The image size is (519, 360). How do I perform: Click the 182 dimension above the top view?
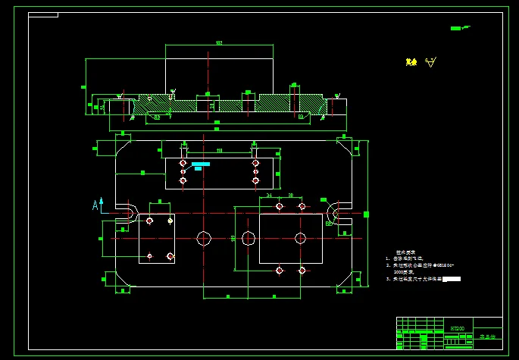coord(219,43)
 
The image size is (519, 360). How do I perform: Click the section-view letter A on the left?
coord(95,205)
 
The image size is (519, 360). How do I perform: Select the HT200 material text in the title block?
coord(457,328)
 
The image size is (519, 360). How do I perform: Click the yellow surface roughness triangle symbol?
coord(431,62)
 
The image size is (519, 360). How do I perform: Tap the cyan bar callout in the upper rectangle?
coord(201,164)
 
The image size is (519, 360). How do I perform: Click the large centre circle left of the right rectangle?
coord(249,238)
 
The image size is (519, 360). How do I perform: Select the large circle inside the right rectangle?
coord(300,238)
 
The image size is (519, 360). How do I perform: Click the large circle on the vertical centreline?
coord(203,238)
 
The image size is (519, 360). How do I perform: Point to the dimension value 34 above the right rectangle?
coord(269,196)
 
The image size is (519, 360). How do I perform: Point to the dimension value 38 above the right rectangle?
coord(290,196)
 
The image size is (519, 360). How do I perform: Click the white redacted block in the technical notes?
coord(452,280)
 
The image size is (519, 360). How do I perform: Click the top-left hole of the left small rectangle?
coord(150,221)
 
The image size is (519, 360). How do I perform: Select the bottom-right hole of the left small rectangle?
coord(170,256)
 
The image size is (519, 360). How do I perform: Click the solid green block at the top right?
coord(455,29)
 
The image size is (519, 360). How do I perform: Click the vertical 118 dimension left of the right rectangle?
coord(233,239)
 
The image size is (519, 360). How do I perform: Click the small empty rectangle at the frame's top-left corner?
coord(43,14)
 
